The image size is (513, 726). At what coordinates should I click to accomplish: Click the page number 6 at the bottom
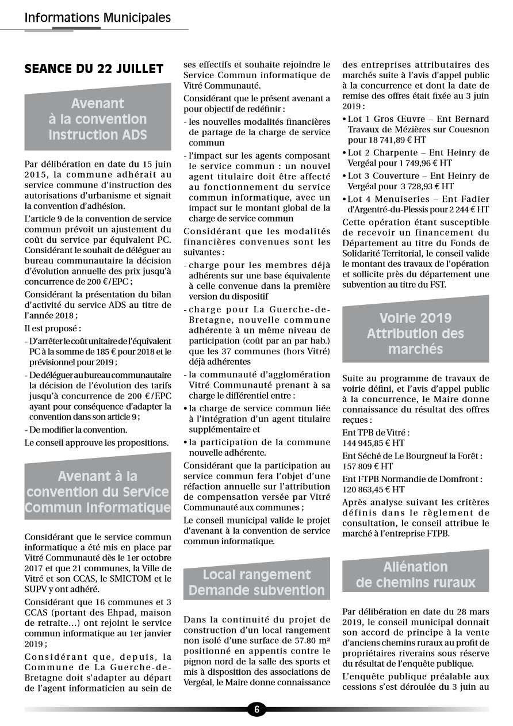click(x=256, y=709)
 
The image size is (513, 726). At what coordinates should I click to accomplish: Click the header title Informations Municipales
click(x=98, y=18)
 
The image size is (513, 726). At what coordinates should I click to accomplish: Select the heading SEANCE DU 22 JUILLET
click(x=94, y=69)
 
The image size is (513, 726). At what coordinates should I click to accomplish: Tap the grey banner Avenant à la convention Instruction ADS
click(x=98, y=119)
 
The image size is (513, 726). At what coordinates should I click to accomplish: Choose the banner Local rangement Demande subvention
click(x=256, y=582)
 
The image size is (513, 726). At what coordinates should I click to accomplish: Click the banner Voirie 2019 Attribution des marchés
click(x=415, y=333)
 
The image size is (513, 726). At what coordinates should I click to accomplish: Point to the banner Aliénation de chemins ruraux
click(x=415, y=574)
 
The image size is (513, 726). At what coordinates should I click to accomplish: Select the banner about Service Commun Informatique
click(x=98, y=492)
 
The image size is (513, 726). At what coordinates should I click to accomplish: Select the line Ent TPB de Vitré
click(x=376, y=433)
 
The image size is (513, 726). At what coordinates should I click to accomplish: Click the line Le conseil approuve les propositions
click(x=97, y=442)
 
